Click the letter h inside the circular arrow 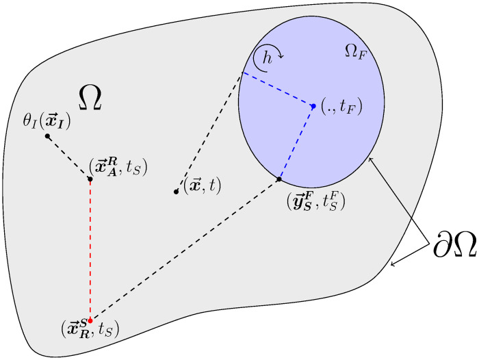(x=268, y=60)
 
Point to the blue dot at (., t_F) (x=313, y=106)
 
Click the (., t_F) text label (x=341, y=107)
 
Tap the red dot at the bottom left (x=90, y=320)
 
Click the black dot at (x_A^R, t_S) (x=90, y=179)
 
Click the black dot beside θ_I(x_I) (x=47, y=136)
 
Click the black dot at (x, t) (x=177, y=192)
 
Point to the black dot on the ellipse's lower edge (x=279, y=179)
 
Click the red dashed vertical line (x=90, y=250)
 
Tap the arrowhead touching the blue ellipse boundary (x=370, y=159)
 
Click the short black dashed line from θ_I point (x=68, y=158)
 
